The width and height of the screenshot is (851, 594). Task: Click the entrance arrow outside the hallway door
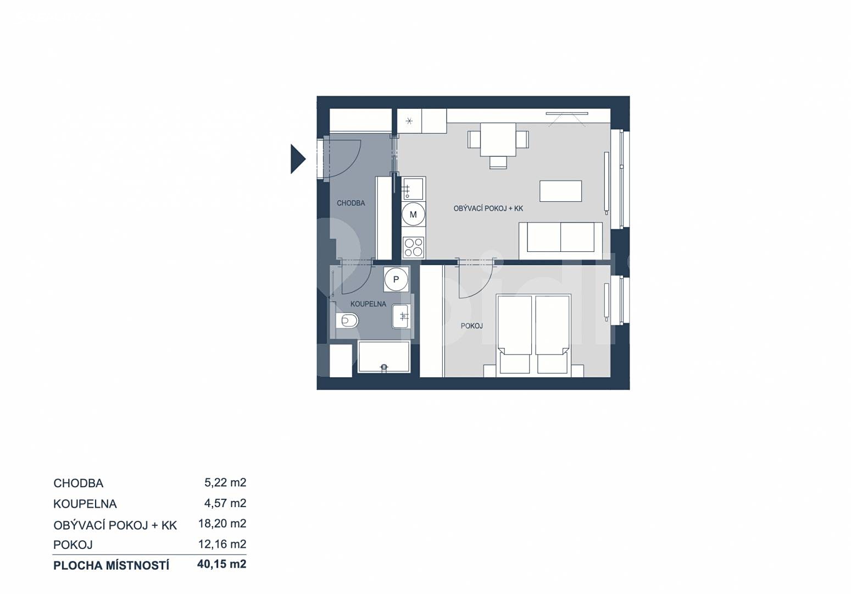(x=297, y=159)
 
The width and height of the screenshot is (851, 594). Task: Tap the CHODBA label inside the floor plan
(x=351, y=203)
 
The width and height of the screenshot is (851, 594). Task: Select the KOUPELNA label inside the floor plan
(x=368, y=304)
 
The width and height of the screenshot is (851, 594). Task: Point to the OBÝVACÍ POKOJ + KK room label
(x=488, y=208)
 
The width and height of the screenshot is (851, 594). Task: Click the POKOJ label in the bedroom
(x=471, y=326)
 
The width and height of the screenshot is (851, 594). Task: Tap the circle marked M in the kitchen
(x=413, y=215)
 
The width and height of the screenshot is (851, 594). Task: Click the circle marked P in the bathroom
(x=396, y=279)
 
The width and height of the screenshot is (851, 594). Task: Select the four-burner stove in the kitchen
(x=413, y=247)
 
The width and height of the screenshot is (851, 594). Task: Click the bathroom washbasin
(x=401, y=316)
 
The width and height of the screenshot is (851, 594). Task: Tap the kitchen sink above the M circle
(x=413, y=188)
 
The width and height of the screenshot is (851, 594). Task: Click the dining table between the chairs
(x=498, y=139)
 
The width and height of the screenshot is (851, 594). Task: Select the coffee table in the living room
(x=561, y=191)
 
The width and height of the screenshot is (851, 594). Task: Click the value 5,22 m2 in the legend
(x=225, y=482)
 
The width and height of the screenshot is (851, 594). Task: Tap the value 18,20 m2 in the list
(x=223, y=524)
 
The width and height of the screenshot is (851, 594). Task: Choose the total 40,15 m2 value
(x=222, y=564)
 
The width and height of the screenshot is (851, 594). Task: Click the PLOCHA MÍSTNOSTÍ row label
(x=112, y=565)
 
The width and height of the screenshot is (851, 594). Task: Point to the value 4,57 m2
(x=225, y=503)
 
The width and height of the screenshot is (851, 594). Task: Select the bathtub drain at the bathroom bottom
(x=384, y=367)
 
